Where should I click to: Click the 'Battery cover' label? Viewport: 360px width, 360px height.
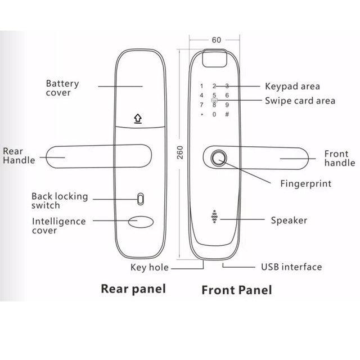pyautogui.click(x=62, y=88)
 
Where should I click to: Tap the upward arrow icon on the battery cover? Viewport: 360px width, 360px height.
pyautogui.click(x=137, y=119)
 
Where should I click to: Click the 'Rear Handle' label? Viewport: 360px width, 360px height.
pyautogui.click(x=19, y=155)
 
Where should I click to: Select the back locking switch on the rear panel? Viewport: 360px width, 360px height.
pyautogui.click(x=140, y=199)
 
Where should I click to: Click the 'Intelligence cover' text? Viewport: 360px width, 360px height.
pyautogui.click(x=58, y=226)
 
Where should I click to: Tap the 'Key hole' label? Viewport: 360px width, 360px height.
pyautogui.click(x=150, y=268)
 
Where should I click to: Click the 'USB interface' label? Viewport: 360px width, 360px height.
pyautogui.click(x=291, y=267)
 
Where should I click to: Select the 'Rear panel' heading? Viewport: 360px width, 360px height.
pyautogui.click(x=133, y=289)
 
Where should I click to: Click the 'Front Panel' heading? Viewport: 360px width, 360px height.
pyautogui.click(x=236, y=290)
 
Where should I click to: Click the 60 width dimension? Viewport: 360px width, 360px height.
pyautogui.click(x=217, y=40)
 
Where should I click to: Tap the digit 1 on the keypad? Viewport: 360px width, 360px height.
pyautogui.click(x=201, y=87)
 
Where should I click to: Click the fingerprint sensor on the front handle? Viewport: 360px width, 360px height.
pyautogui.click(x=219, y=158)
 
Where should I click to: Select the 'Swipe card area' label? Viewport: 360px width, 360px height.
pyautogui.click(x=300, y=101)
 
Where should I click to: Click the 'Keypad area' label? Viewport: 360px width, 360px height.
pyautogui.click(x=292, y=86)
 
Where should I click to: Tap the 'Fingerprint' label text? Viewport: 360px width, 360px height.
pyautogui.click(x=305, y=183)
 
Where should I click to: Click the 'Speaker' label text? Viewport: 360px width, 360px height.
pyautogui.click(x=289, y=220)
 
